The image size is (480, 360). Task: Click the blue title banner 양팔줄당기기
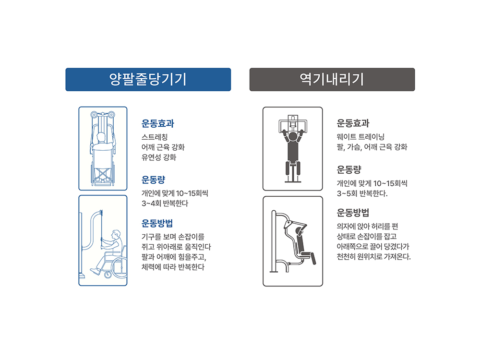(x=148, y=80)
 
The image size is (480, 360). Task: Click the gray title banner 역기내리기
(x=332, y=80)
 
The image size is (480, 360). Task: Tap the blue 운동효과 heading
(x=157, y=124)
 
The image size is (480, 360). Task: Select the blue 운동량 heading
(x=154, y=180)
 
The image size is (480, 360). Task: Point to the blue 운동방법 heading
(x=157, y=223)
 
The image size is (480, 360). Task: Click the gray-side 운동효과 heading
(x=353, y=123)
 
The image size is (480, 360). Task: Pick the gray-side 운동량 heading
(x=349, y=169)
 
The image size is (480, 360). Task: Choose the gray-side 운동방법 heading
(x=353, y=213)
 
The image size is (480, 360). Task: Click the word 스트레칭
(x=155, y=137)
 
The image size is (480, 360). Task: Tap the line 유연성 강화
(x=159, y=157)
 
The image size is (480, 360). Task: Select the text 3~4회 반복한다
(x=165, y=203)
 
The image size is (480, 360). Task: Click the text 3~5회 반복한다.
(x=362, y=193)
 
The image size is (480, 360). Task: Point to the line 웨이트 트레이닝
(x=360, y=137)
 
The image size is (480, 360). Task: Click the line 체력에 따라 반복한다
(x=173, y=267)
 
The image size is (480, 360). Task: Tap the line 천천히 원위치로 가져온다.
(x=374, y=256)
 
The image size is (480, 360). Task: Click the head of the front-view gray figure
(x=293, y=136)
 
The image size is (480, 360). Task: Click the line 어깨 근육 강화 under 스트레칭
(x=163, y=147)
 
